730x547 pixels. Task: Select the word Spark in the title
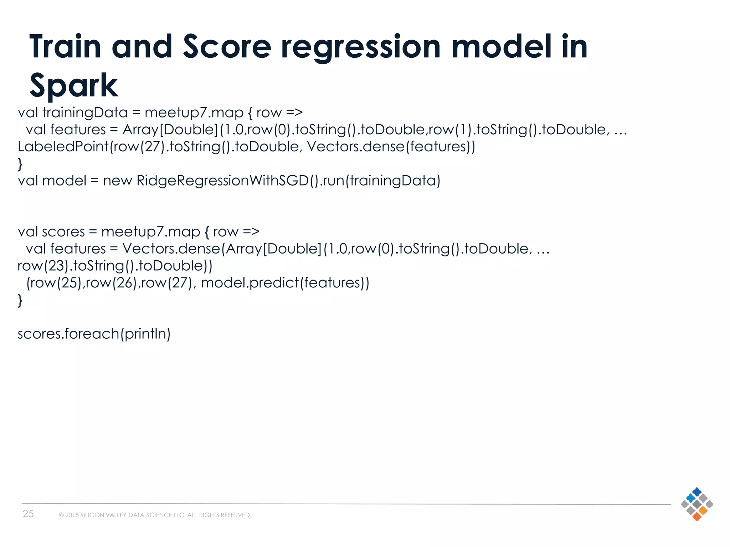click(x=73, y=85)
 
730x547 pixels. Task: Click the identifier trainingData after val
click(x=85, y=113)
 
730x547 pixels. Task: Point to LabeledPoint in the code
click(x=63, y=146)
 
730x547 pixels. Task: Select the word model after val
click(x=64, y=181)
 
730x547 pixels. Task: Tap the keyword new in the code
click(x=117, y=181)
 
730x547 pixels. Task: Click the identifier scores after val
click(x=63, y=232)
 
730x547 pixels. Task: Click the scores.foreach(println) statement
click(x=94, y=334)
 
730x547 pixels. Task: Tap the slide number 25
click(x=28, y=514)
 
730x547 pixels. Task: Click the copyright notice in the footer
click(x=155, y=515)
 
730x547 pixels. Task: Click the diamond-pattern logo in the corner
click(x=696, y=504)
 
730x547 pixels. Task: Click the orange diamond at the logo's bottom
click(x=696, y=516)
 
